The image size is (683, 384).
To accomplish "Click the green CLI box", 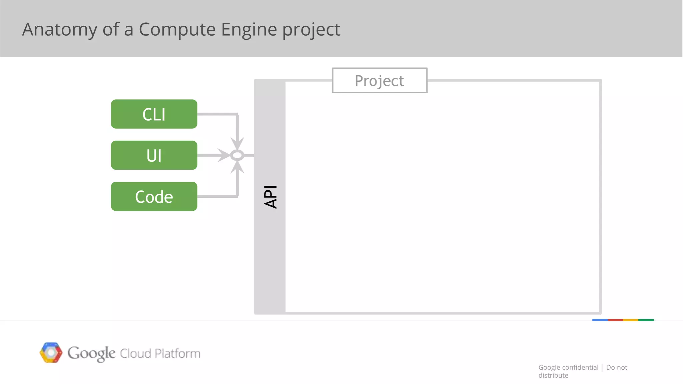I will click(154, 114).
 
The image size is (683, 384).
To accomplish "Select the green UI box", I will click(154, 155).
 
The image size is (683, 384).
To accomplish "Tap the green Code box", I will click(154, 196).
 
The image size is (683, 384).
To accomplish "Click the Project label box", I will click(380, 81).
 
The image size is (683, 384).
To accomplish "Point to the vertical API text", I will click(270, 197).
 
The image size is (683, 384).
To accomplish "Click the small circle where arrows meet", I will click(237, 155).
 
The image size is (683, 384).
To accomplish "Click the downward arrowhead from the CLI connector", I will click(237, 143).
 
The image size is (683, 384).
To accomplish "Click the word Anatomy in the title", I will click(59, 30).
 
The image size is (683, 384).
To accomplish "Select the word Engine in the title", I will click(249, 30).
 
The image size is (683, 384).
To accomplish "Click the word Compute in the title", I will click(177, 30).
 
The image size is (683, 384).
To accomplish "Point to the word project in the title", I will click(311, 30).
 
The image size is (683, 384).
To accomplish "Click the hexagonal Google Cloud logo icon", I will click(51, 352).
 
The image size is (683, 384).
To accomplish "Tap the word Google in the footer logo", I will click(91, 353).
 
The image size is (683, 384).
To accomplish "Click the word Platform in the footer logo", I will click(177, 353).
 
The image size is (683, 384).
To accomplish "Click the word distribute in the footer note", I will click(553, 375).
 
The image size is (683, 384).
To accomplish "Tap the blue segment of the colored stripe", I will click(600, 320).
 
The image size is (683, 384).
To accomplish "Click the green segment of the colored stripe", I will click(646, 320).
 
